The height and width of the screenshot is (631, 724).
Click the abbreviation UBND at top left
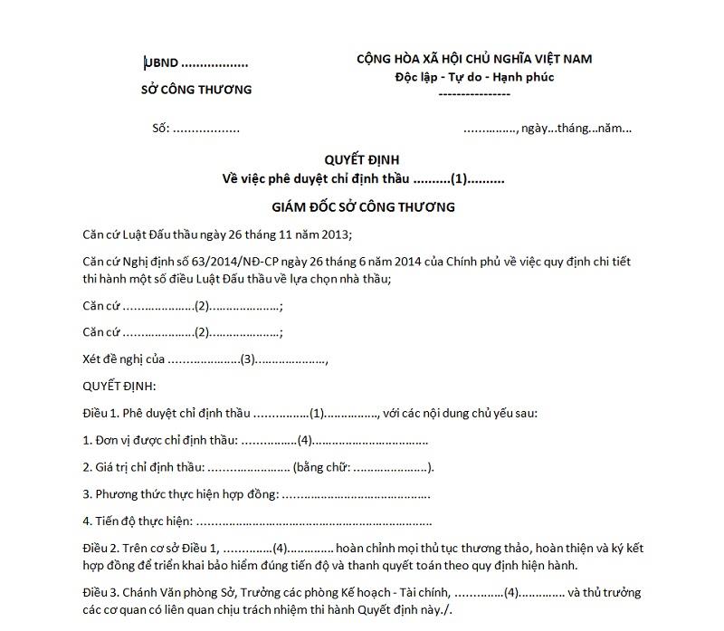(x=162, y=63)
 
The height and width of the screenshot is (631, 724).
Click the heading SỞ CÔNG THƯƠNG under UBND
(x=196, y=90)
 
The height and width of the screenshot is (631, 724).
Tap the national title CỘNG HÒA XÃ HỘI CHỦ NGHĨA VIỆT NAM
(x=474, y=59)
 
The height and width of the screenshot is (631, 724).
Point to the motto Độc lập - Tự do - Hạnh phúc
(x=474, y=77)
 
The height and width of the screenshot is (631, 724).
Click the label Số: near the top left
(x=161, y=128)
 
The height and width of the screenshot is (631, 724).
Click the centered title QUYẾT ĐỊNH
(x=361, y=159)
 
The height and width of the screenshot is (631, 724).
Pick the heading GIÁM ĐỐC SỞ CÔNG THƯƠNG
(x=362, y=207)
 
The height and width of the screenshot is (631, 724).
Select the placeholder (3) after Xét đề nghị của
(x=247, y=359)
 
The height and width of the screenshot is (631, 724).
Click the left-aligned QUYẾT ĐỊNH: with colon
(x=119, y=387)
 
